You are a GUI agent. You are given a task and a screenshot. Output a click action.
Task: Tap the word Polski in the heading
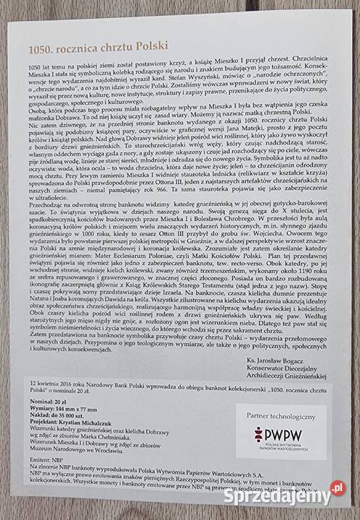point(151,46)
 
